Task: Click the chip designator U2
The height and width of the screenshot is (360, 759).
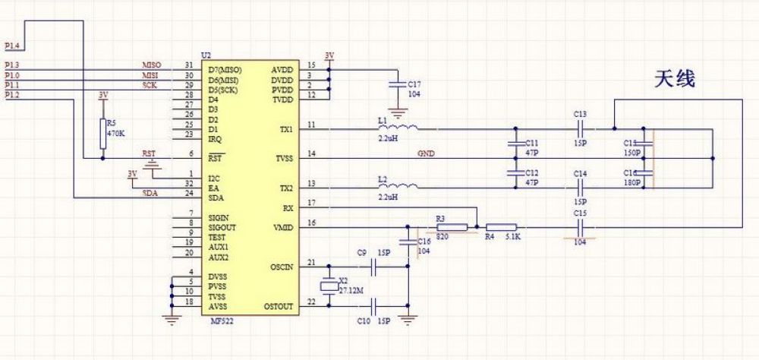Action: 206,55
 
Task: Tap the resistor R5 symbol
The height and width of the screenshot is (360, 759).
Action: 102,134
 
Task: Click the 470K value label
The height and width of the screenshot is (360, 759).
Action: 115,132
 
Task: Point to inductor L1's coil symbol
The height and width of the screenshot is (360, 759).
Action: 403,127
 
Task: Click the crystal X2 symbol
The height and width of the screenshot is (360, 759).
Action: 328,287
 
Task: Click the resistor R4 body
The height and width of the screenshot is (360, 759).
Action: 502,226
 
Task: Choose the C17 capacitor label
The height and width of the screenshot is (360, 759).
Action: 414,84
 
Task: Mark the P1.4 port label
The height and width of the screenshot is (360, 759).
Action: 12,47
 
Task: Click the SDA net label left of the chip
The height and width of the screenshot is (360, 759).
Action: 150,193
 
